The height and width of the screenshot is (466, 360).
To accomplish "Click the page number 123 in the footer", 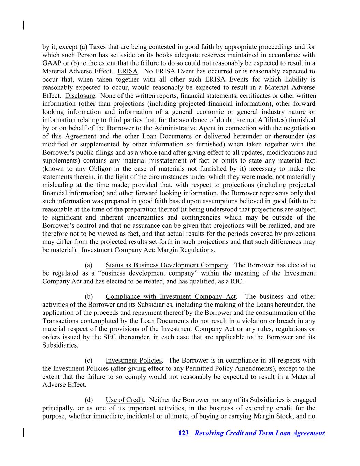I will [x=183, y=433].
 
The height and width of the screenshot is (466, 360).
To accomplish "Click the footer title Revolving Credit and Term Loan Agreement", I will [x=259, y=433].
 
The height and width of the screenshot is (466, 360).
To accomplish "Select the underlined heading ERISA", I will [x=128, y=71].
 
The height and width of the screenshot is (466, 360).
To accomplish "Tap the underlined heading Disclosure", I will [x=80, y=96].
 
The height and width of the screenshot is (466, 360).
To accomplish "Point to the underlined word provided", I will [x=144, y=185].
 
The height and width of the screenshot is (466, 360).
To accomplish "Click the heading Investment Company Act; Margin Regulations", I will [x=147, y=250].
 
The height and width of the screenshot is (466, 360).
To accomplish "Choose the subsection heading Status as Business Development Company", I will [x=167, y=265].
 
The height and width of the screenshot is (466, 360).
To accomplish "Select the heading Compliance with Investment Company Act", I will [x=171, y=296].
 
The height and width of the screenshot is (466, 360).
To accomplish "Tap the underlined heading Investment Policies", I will [x=134, y=360].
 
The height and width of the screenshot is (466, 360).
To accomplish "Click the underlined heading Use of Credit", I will [x=125, y=400].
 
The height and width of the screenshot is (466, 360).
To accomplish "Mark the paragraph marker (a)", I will [x=89, y=265].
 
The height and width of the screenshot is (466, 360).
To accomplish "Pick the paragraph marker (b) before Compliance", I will [x=89, y=296].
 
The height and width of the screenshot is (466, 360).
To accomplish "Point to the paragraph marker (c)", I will [x=89, y=360].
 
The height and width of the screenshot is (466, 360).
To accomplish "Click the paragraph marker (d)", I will [x=89, y=400].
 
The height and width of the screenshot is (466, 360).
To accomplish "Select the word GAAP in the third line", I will [x=51, y=63].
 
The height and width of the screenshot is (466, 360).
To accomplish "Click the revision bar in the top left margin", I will [x=23, y=25].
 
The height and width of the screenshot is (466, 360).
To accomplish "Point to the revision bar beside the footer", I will [x=23, y=432].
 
